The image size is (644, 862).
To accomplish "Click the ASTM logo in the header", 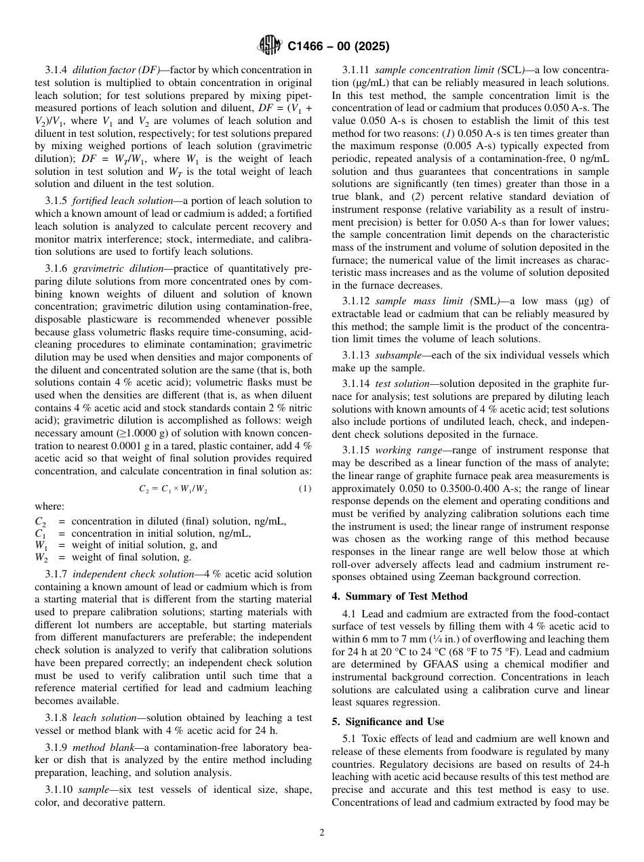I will point(270,47).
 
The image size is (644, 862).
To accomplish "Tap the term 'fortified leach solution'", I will point(113,201).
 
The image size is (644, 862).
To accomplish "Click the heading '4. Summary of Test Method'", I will point(399,596).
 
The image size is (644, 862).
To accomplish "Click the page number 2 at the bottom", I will point(322,833).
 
